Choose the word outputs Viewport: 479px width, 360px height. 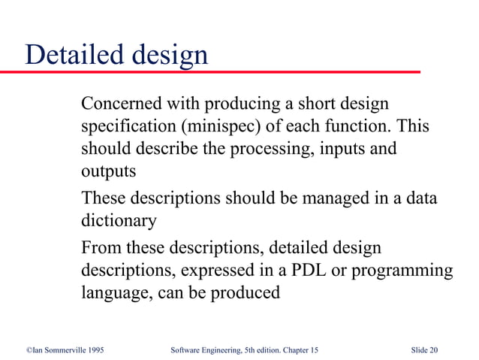coord(108,171)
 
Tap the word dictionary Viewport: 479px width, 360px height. coord(119,222)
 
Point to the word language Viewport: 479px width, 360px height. coord(114,293)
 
